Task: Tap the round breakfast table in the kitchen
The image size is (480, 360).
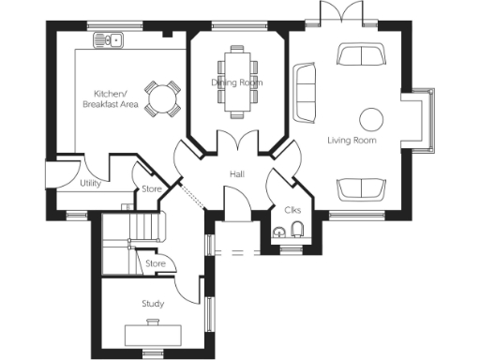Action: pos(165,97)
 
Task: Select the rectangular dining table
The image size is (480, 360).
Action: pos(236,81)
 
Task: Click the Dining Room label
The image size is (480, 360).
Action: pos(236,82)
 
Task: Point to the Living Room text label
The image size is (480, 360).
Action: pos(352,140)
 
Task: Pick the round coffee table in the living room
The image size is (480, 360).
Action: pos(371,119)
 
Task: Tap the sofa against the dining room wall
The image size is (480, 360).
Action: pos(304,91)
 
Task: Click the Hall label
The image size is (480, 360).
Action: pos(237,174)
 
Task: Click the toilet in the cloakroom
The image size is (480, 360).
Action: pos(296,232)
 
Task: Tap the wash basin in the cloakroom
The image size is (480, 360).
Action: pos(278,232)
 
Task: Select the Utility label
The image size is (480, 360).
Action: pos(91,183)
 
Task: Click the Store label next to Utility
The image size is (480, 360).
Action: pos(152,189)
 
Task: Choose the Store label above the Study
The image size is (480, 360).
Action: pos(156,263)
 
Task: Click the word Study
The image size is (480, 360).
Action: pos(153,303)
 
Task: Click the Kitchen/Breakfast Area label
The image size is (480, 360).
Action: pos(116,98)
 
